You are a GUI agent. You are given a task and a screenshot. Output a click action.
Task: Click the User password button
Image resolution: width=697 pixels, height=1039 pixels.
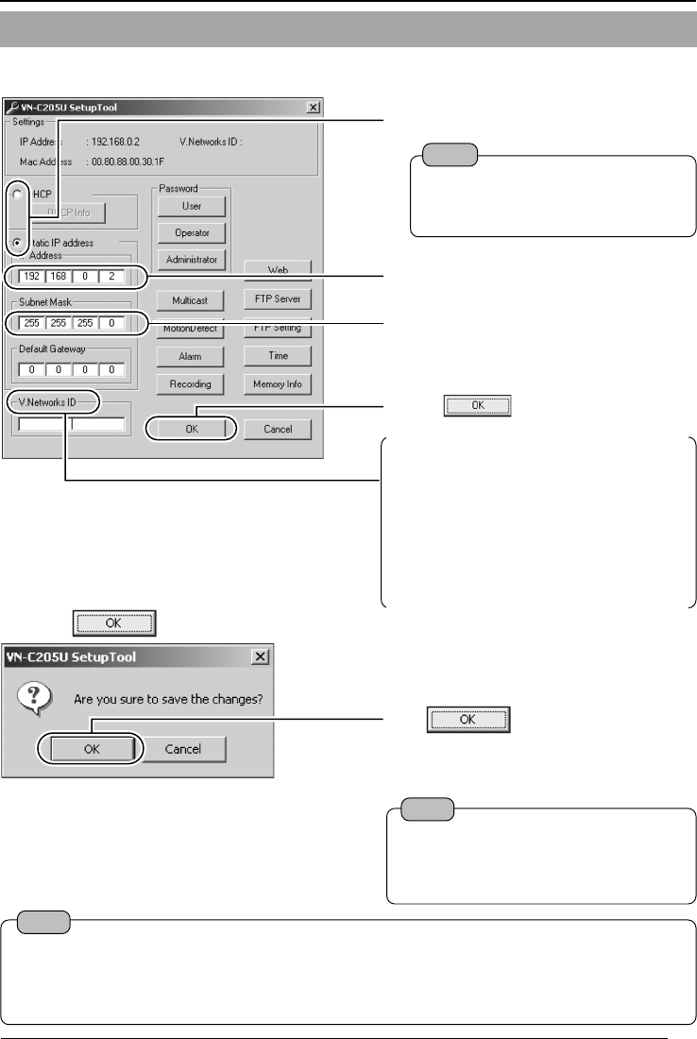[192, 206]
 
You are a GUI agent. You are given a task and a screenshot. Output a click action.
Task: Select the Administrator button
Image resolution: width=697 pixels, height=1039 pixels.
[192, 259]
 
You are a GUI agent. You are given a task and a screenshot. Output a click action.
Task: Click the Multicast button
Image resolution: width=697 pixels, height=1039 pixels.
[192, 300]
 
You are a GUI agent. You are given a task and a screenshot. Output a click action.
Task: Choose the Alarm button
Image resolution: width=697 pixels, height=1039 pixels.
[192, 357]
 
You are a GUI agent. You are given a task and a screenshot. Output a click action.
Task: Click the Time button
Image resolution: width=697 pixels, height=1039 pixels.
[278, 356]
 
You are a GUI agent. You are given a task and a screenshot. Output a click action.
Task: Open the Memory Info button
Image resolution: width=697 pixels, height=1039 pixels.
[278, 384]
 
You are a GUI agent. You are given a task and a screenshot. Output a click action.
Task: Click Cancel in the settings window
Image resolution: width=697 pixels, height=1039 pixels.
[278, 429]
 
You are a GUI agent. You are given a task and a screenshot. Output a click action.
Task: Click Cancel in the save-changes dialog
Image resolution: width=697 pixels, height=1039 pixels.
[185, 749]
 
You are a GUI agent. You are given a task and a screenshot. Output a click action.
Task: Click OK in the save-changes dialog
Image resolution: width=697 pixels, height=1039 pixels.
[90, 749]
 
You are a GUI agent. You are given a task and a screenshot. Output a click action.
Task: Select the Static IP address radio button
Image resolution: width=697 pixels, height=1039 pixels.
[18, 242]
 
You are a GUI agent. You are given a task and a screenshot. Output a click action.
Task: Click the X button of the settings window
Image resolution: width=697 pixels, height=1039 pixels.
[314, 108]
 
